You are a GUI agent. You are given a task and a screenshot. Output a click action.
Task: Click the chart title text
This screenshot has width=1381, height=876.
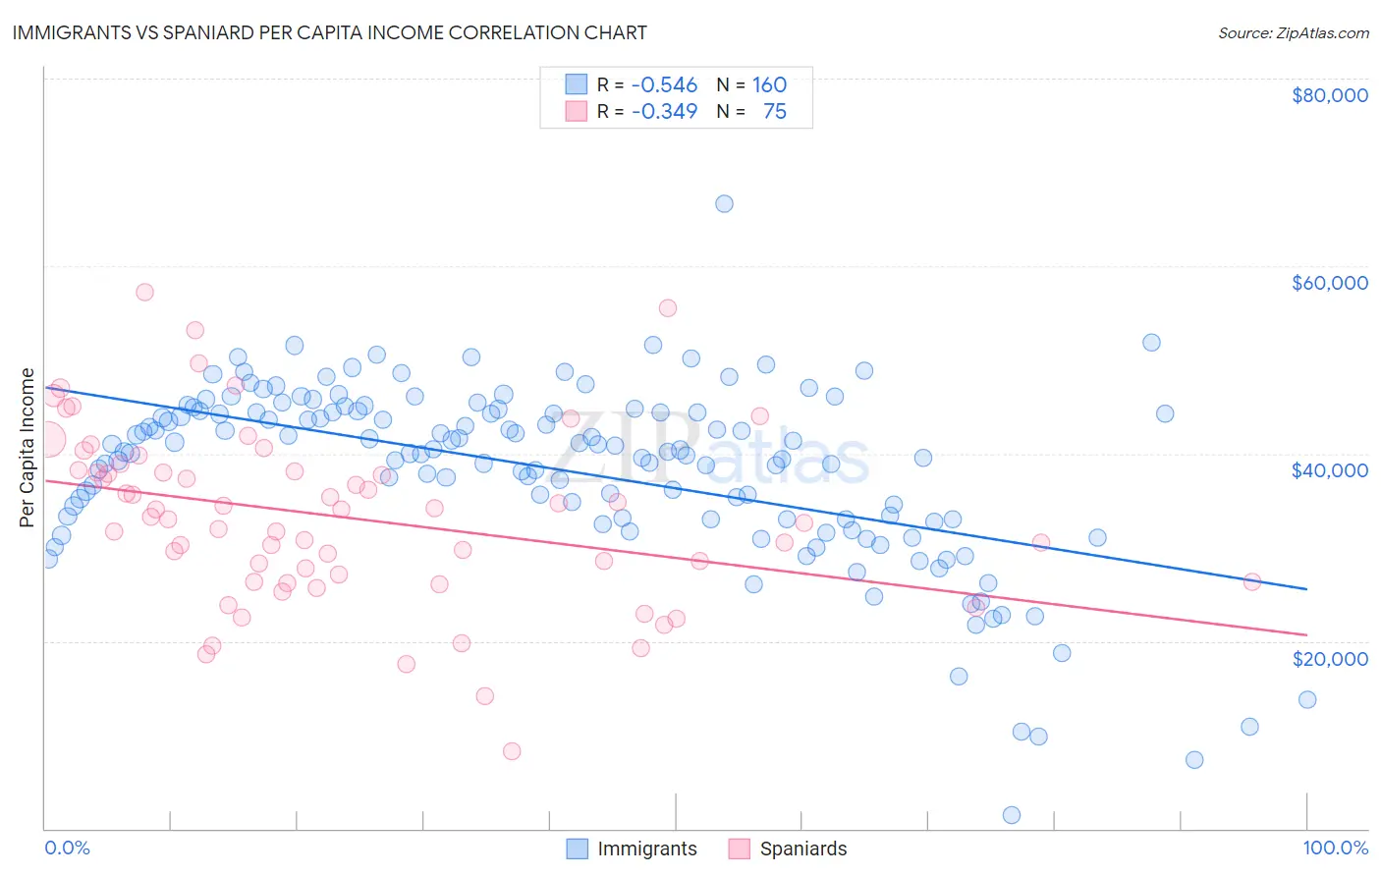point(329,32)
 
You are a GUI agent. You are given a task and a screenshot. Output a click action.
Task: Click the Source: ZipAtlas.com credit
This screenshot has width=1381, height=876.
point(1293,32)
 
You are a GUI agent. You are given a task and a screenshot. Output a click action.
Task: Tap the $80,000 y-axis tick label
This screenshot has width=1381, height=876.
point(1329,95)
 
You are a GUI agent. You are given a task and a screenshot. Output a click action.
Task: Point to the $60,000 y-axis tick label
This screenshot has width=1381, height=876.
point(1329,283)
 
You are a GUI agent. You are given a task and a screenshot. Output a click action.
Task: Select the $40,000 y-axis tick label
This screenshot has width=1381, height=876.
point(1329,470)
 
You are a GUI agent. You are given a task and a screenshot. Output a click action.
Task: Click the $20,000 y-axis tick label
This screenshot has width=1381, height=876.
point(1329,658)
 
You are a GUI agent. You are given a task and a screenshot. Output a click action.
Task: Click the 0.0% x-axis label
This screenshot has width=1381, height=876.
point(67,848)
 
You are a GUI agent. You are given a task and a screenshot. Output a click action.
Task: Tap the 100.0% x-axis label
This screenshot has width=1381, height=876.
point(1335,848)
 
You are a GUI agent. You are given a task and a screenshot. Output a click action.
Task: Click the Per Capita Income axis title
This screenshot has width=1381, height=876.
point(27,447)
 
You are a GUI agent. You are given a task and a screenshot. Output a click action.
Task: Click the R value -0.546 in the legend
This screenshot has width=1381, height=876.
point(664,85)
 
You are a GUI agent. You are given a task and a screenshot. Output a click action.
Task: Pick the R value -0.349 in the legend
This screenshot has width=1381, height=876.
point(664,112)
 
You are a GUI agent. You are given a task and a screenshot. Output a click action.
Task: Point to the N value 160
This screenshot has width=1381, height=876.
point(769,85)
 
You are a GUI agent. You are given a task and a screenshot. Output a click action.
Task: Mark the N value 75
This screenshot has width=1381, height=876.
point(774,112)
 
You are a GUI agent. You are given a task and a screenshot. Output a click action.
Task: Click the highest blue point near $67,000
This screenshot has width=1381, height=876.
point(724,204)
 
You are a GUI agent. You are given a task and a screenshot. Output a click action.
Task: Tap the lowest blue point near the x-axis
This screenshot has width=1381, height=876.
point(1011,815)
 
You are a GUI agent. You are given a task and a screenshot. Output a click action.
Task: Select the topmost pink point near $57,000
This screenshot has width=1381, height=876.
point(144,292)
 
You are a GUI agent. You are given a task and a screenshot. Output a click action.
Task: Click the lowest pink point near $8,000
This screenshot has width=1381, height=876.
point(512,751)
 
